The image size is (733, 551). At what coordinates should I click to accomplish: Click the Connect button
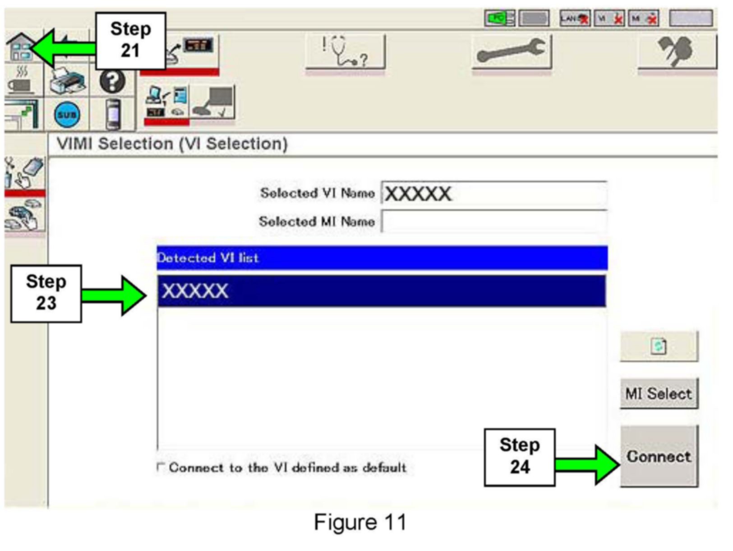(659, 456)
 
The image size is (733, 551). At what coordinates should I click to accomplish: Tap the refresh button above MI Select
(659, 346)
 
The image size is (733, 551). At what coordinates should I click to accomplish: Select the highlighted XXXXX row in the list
(381, 291)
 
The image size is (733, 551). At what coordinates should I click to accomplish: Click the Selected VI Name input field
(494, 194)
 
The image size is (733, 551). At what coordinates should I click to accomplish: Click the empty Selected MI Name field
(494, 222)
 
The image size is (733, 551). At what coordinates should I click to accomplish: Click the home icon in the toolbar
(20, 47)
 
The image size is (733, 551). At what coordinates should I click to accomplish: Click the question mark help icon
(112, 82)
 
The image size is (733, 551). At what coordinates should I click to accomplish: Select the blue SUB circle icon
(67, 115)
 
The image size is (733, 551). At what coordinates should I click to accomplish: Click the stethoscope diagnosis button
(345, 52)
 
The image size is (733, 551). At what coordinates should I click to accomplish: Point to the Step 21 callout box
(130, 40)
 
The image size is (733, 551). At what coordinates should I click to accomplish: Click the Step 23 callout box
(46, 293)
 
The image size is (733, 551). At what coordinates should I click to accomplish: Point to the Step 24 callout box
(519, 456)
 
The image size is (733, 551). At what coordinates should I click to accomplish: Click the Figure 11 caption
(360, 522)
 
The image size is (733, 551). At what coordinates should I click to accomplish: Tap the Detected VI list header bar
(381, 258)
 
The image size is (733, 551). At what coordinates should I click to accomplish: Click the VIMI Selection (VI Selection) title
(172, 144)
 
